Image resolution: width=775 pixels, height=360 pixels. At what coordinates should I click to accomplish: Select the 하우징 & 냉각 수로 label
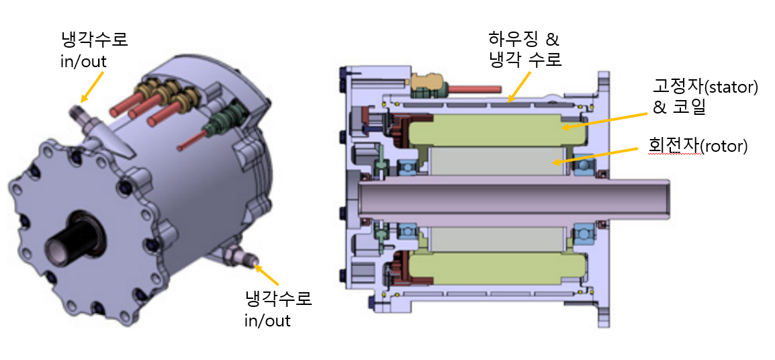pyautogui.click(x=525, y=50)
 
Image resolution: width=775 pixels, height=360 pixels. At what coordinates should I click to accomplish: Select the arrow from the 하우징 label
pyautogui.click(x=520, y=85)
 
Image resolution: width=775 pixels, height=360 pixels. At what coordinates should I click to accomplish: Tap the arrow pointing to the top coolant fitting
pyautogui.click(x=93, y=86)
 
